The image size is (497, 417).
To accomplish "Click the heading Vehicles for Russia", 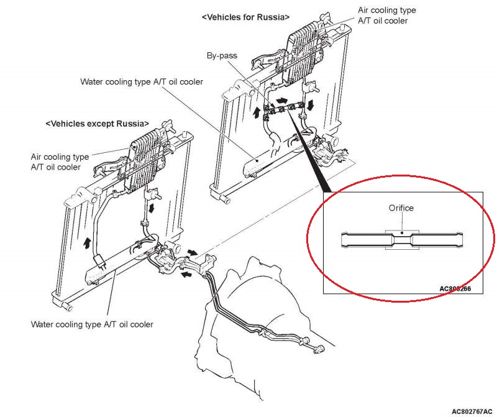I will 245,18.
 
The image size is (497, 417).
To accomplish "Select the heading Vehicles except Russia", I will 98,123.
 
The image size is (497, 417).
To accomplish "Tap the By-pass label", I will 222,56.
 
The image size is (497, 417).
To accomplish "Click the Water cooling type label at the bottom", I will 91,324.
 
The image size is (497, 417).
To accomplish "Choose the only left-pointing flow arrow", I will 186,272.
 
